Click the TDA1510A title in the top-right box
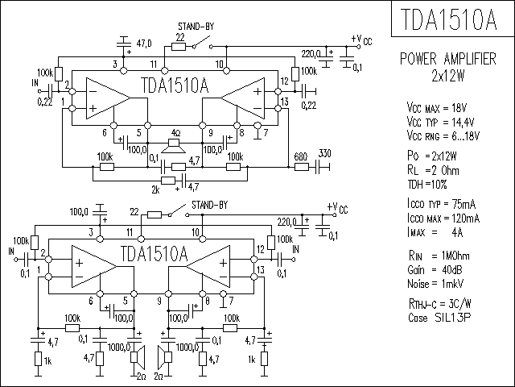[x=448, y=19]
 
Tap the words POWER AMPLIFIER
[x=447, y=59]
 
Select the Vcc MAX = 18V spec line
[x=437, y=107]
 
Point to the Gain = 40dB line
[x=435, y=270]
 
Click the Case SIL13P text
[x=439, y=318]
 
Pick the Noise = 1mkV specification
[x=435, y=284]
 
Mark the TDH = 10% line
[x=427, y=185]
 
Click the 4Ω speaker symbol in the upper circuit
[x=174, y=146]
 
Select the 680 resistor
[x=301, y=167]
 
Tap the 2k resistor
[x=168, y=181]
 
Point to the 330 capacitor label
[x=324, y=153]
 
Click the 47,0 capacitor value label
[x=144, y=44]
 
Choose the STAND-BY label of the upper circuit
[x=196, y=27]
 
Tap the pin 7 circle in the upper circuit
[x=257, y=126]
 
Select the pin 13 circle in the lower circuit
[x=253, y=277]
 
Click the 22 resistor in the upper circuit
[x=179, y=47]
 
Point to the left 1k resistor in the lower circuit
[x=38, y=358]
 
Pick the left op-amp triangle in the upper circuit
[x=109, y=98]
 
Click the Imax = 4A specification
[x=435, y=233]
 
